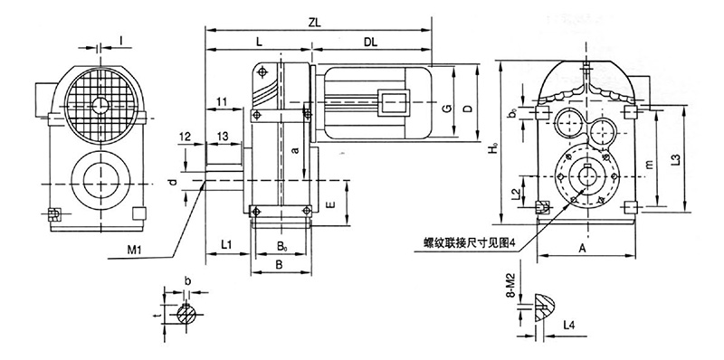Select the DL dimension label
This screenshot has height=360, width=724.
coord(370,42)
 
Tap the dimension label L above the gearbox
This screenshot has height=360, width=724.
coord(259,42)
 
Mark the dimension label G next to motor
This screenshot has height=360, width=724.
coord(446,109)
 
